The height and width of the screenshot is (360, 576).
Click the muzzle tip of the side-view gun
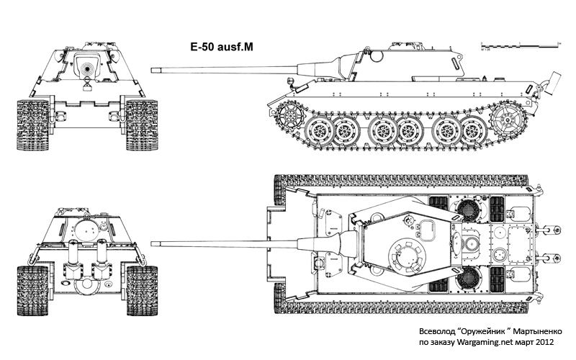(x=152, y=69)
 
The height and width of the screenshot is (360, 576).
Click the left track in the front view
(x=31, y=125)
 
